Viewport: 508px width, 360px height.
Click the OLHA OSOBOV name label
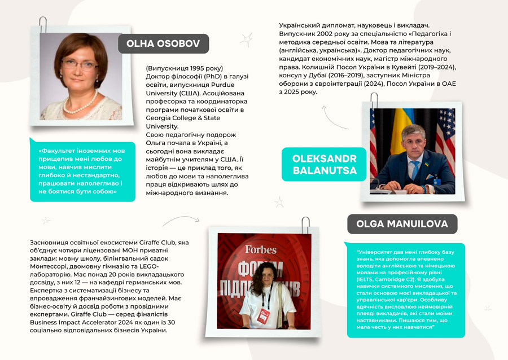tap(163, 43)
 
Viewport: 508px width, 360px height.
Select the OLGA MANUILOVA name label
tap(402, 224)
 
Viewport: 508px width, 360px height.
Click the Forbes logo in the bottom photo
tap(260, 249)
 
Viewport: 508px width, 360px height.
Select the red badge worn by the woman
tap(262, 315)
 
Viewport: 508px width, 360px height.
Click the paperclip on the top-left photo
tap(43, 25)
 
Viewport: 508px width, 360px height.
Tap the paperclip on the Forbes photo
tap(305, 224)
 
